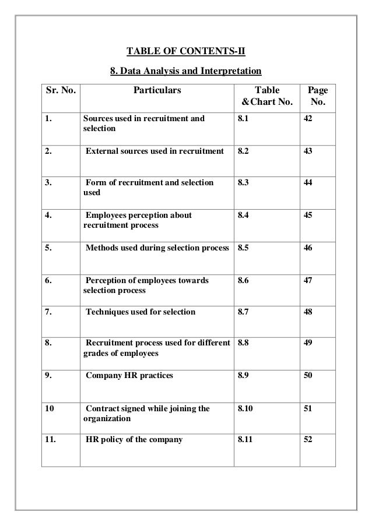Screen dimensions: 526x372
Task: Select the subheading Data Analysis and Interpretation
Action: [x=186, y=73]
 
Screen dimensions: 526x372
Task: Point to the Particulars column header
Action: [x=157, y=90]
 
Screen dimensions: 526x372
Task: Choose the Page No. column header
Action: [x=317, y=97]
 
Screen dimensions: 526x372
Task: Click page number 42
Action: [x=308, y=119]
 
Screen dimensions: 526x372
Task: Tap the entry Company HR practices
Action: [x=129, y=376]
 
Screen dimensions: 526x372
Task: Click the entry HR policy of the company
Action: [x=134, y=440]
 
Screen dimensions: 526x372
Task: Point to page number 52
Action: [x=308, y=440]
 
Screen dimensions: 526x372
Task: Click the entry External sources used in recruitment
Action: [x=155, y=151]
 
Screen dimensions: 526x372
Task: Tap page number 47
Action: [x=308, y=280]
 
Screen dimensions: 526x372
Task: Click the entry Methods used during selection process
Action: [x=157, y=248]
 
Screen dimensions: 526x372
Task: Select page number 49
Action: [x=308, y=344]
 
